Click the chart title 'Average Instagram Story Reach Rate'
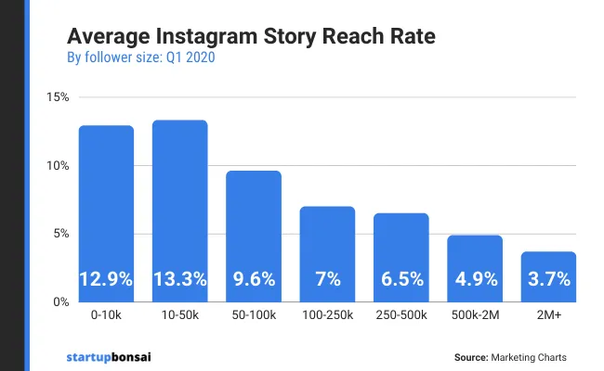[x=251, y=39]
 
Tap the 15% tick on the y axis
[x=58, y=97]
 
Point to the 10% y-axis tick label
[x=58, y=166]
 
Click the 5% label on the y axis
[x=60, y=234]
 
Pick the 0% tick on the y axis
[x=60, y=302]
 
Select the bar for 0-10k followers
[x=106, y=213]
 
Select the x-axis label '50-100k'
[x=254, y=316]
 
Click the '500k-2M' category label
[x=475, y=316]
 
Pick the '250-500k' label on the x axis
[x=400, y=316]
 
